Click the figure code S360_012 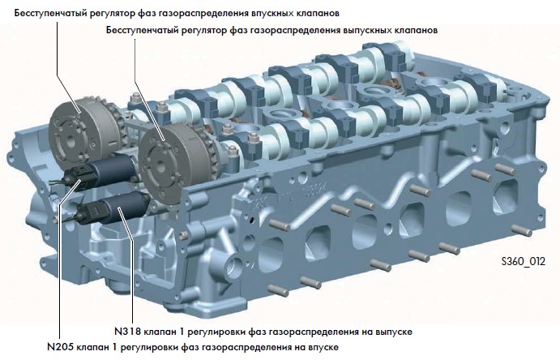[524, 262]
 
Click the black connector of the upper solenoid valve [77, 176]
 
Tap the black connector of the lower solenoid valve [90, 212]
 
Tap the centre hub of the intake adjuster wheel [71, 142]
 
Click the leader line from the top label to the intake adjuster [68, 68]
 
